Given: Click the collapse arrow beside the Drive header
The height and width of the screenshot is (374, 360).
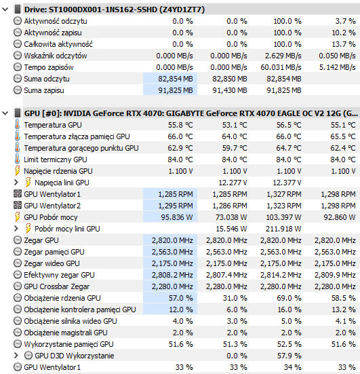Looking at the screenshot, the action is [x=5, y=10].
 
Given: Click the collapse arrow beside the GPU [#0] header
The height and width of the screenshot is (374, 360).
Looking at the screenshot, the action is [x=5, y=113].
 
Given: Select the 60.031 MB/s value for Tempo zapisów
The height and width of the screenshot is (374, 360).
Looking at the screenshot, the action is [x=281, y=67].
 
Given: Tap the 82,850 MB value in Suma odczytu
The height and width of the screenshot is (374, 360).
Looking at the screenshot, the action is [x=229, y=79].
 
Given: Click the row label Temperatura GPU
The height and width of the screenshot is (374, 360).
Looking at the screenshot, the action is [x=53, y=125].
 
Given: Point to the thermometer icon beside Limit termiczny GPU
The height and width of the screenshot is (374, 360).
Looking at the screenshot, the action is [x=17, y=160].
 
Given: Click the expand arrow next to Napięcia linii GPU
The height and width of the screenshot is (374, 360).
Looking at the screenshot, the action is [x=16, y=183].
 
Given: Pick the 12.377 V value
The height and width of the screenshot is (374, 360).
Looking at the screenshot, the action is [x=287, y=183].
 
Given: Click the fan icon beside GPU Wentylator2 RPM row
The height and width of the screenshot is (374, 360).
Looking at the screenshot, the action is [x=18, y=206].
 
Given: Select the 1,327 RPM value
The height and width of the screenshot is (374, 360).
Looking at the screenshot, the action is [x=284, y=194].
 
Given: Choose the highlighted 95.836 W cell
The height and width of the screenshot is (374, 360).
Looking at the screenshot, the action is [x=176, y=217].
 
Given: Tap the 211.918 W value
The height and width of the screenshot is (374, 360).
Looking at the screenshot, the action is [x=283, y=229].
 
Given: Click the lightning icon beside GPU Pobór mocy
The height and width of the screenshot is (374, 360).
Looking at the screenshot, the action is [x=17, y=217].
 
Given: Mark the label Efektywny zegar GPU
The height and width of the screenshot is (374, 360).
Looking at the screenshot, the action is [x=59, y=275].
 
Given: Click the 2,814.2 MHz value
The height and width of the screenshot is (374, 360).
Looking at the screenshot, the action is [x=281, y=275].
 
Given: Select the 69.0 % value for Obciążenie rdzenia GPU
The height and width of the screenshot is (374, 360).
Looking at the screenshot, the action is [x=289, y=298].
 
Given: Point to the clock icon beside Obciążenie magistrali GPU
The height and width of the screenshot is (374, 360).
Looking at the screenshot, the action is [x=18, y=333].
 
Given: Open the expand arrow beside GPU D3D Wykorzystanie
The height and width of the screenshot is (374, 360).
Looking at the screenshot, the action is [x=16, y=356].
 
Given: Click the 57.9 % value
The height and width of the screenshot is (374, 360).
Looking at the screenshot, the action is [x=289, y=356].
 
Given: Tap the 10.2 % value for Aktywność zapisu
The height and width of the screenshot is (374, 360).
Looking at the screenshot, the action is [x=344, y=33].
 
